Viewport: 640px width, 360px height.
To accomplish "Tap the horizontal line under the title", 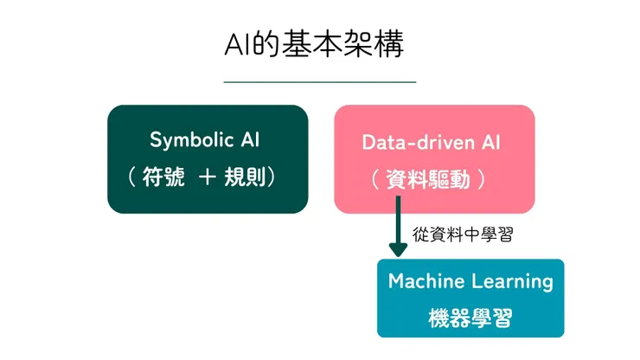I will coord(319,81).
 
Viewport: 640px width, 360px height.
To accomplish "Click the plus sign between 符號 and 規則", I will coord(207,178).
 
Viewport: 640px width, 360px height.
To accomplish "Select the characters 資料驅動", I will coord(433,180).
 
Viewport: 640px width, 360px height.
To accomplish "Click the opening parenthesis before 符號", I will coord(132,178).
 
